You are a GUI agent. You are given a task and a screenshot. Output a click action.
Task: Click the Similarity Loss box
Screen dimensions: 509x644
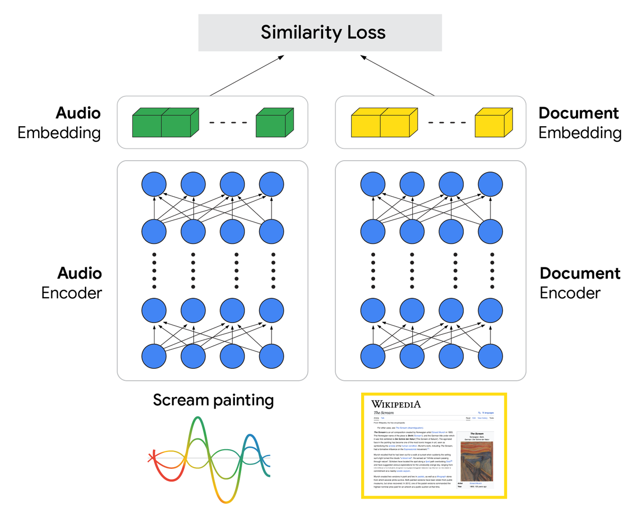(x=320, y=32)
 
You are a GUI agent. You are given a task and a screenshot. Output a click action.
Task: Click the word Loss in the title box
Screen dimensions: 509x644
(x=366, y=32)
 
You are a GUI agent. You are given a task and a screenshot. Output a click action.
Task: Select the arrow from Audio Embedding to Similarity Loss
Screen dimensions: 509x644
(x=247, y=75)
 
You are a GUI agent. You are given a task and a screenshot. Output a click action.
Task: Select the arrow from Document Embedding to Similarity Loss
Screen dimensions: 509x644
(x=397, y=75)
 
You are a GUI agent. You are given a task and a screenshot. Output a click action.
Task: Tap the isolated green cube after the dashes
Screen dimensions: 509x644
(x=274, y=123)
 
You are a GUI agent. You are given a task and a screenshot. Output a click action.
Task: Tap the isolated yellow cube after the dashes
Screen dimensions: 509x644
(x=493, y=123)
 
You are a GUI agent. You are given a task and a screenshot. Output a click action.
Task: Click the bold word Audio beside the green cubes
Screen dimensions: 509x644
(x=78, y=113)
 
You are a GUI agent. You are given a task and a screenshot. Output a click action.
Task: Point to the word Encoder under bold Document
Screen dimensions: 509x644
(x=570, y=293)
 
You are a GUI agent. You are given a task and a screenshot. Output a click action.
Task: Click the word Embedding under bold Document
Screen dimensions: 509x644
(x=580, y=133)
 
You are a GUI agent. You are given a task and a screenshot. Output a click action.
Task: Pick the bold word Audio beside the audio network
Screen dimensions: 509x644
(x=79, y=273)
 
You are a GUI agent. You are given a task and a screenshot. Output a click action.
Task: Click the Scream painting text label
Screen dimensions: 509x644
(x=213, y=400)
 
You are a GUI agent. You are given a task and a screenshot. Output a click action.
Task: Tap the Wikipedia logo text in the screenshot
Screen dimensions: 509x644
(x=396, y=404)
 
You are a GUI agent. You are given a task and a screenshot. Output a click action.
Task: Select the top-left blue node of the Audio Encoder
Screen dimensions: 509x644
(x=154, y=184)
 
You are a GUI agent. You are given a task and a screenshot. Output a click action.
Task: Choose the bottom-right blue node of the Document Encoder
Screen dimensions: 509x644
(x=490, y=356)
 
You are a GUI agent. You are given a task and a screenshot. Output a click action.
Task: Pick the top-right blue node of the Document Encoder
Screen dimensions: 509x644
(x=490, y=184)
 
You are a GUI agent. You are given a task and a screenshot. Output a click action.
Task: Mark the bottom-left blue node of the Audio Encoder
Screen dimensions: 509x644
(x=154, y=356)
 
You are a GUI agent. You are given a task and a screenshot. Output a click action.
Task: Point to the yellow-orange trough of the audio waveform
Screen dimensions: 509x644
(x=225, y=498)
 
